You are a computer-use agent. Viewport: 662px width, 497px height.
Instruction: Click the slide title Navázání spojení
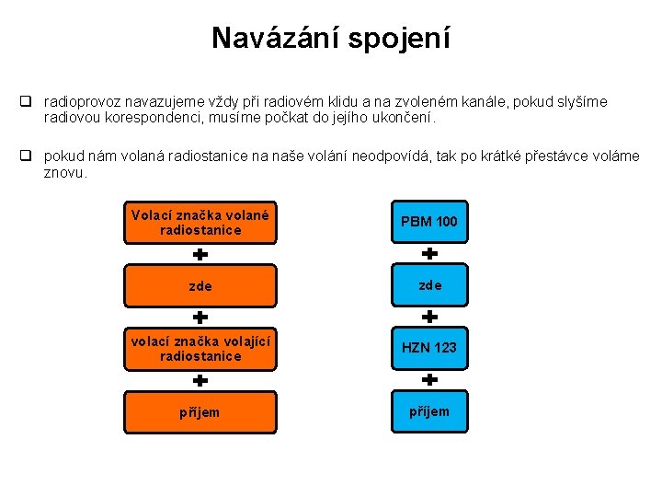click(x=331, y=38)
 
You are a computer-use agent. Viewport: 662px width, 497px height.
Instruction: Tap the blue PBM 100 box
click(x=428, y=222)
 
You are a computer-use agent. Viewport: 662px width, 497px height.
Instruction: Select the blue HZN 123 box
click(x=428, y=348)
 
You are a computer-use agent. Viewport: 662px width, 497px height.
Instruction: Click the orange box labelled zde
click(x=200, y=285)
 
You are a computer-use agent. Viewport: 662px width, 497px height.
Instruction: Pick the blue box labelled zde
click(x=428, y=285)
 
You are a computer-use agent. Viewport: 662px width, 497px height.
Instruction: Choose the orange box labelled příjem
click(x=200, y=411)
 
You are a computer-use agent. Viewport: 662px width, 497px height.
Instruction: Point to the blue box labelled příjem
click(x=428, y=411)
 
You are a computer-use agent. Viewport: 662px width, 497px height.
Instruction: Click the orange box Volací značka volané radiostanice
click(x=200, y=222)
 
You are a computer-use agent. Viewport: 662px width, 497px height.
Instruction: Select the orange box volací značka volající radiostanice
click(x=200, y=348)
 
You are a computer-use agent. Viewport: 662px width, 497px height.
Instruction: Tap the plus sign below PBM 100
click(x=428, y=253)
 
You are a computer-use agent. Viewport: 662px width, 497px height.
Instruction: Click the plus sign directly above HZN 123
click(x=428, y=316)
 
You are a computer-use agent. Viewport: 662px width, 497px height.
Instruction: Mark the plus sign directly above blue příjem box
click(x=428, y=379)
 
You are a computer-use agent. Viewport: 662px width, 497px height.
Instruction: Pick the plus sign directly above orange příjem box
click(x=200, y=379)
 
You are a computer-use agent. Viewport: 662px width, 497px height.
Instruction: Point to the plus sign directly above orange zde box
click(x=200, y=253)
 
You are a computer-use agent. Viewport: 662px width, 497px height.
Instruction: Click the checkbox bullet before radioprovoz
click(x=29, y=102)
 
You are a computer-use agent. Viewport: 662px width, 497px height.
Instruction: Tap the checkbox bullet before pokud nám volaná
click(x=29, y=156)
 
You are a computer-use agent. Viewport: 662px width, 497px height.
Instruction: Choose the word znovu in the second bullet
click(x=63, y=172)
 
